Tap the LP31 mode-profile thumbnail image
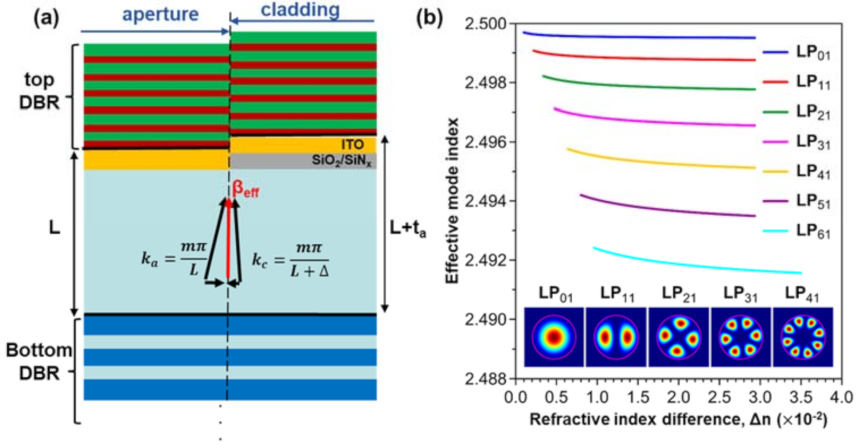point(740,337)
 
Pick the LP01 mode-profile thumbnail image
point(554,337)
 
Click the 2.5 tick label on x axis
point(719,397)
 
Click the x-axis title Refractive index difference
point(678,419)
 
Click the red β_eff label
point(246,189)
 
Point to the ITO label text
point(352,144)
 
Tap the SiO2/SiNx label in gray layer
point(341,160)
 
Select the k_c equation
point(290,260)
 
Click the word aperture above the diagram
point(160,14)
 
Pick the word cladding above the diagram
point(300,9)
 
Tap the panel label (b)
point(429,18)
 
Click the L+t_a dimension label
point(407,228)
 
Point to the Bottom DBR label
point(39,362)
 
